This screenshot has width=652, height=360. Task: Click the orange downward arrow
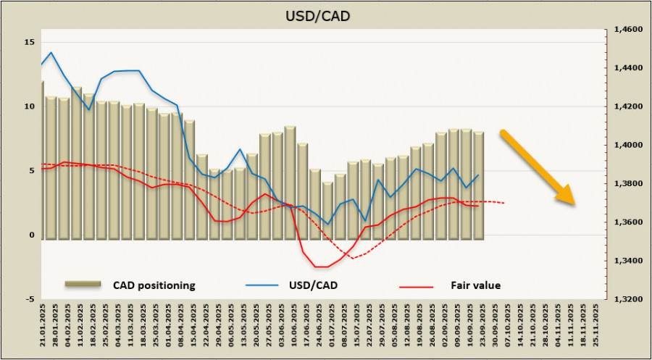538,167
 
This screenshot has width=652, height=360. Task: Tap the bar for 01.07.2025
327,210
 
